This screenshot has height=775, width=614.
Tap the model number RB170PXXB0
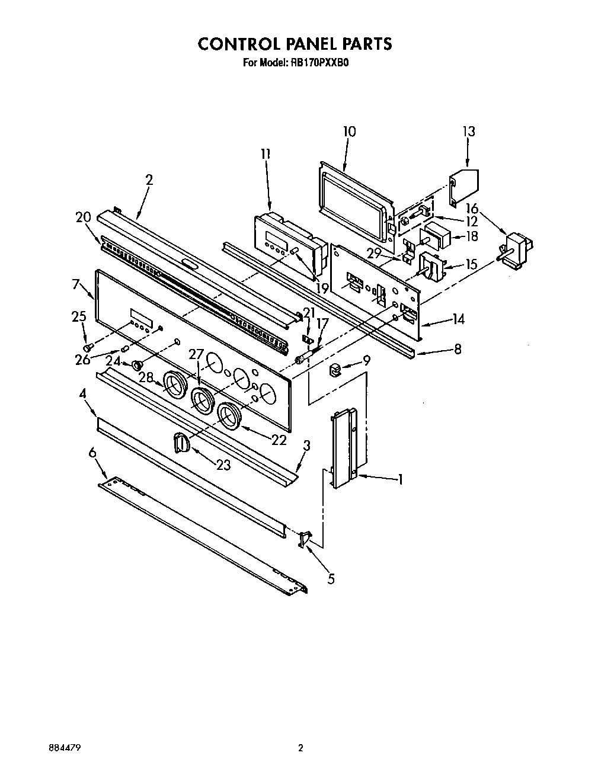tap(320, 61)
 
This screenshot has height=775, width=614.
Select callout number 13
tap(468, 132)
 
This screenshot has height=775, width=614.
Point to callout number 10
tap(349, 132)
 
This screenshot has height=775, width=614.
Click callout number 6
tap(92, 452)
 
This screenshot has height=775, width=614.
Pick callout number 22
tap(278, 440)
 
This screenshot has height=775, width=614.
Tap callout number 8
tap(457, 349)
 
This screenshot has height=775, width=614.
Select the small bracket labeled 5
tap(305, 539)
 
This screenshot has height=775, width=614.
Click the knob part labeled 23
tap(181, 442)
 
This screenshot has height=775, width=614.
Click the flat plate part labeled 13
tap(463, 186)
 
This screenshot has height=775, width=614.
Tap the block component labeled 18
tap(437, 235)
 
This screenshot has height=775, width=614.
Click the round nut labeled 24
tap(137, 364)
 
